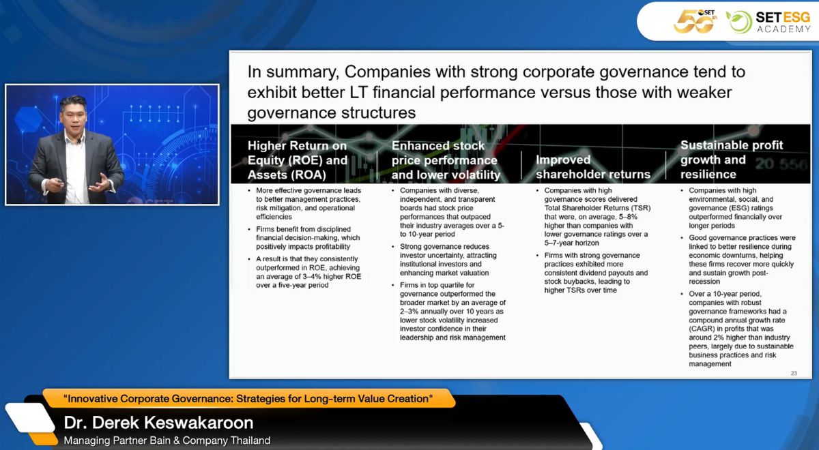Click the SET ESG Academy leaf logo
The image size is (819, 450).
pyautogui.click(x=738, y=22)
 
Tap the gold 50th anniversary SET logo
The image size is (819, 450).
pyautogui.click(x=695, y=21)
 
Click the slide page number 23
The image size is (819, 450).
pyautogui.click(x=794, y=373)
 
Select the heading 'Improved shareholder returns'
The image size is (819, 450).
pyautogui.click(x=593, y=167)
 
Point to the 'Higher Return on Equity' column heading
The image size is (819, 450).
pyautogui.click(x=298, y=160)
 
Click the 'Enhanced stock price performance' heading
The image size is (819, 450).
pyautogui.click(x=446, y=160)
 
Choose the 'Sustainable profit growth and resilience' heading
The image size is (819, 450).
pyautogui.click(x=731, y=160)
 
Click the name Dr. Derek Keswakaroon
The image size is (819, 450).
pyautogui.click(x=158, y=423)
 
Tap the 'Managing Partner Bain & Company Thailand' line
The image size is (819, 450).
pyautogui.click(x=167, y=440)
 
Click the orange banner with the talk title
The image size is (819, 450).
pyautogui.click(x=248, y=398)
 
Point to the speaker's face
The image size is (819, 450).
pyautogui.click(x=74, y=117)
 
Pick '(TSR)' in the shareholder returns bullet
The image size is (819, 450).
pyautogui.click(x=638, y=208)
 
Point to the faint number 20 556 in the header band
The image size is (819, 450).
pyautogui.click(x=781, y=165)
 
